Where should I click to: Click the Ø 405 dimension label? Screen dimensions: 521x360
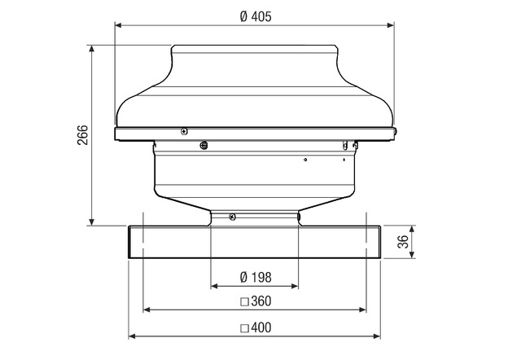click(x=256, y=16)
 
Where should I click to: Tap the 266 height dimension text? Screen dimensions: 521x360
click(x=83, y=135)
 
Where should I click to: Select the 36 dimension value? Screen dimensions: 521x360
click(x=403, y=241)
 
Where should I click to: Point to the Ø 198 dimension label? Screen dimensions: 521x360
click(x=256, y=277)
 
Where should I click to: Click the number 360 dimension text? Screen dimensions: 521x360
click(x=261, y=301)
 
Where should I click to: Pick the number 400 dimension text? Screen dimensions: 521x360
click(x=261, y=327)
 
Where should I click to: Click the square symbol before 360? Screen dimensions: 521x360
click(x=244, y=302)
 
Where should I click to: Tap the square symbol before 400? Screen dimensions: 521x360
click(x=244, y=328)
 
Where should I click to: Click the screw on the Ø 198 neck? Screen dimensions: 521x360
click(x=233, y=217)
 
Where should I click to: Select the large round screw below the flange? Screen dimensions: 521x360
click(x=204, y=145)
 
